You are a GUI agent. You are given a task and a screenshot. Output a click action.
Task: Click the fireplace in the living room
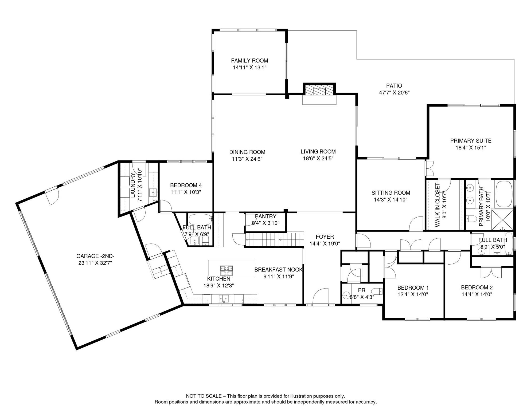point(319,90)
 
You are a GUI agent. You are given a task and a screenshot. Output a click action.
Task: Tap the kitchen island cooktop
point(226,270)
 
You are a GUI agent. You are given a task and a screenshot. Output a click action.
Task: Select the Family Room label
point(249,61)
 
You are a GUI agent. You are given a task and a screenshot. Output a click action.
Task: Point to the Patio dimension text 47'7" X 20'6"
point(394,93)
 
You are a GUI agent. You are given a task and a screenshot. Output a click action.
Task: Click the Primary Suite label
point(471,141)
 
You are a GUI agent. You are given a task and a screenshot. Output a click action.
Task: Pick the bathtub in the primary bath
point(504,194)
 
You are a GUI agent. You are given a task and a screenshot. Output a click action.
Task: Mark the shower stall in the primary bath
point(502,220)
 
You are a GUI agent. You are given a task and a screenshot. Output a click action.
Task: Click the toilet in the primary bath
point(471,219)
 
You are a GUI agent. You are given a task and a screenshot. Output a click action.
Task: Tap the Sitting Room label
point(391,193)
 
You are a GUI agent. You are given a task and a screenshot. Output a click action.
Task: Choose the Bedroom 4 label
point(186,185)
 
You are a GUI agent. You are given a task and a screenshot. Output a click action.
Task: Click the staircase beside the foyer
point(275,239)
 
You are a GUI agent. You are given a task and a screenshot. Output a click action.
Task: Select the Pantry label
point(265,216)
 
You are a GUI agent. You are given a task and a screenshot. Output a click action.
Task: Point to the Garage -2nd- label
point(95,256)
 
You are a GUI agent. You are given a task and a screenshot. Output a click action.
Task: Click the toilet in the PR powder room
point(377,291)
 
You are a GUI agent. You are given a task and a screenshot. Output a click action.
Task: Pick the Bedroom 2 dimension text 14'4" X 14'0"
point(477,294)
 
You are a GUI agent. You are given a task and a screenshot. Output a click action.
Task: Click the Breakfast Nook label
point(279,270)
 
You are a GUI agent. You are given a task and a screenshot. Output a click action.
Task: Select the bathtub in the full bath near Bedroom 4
point(200,220)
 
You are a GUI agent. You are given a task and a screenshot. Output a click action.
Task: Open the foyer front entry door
point(320,296)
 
